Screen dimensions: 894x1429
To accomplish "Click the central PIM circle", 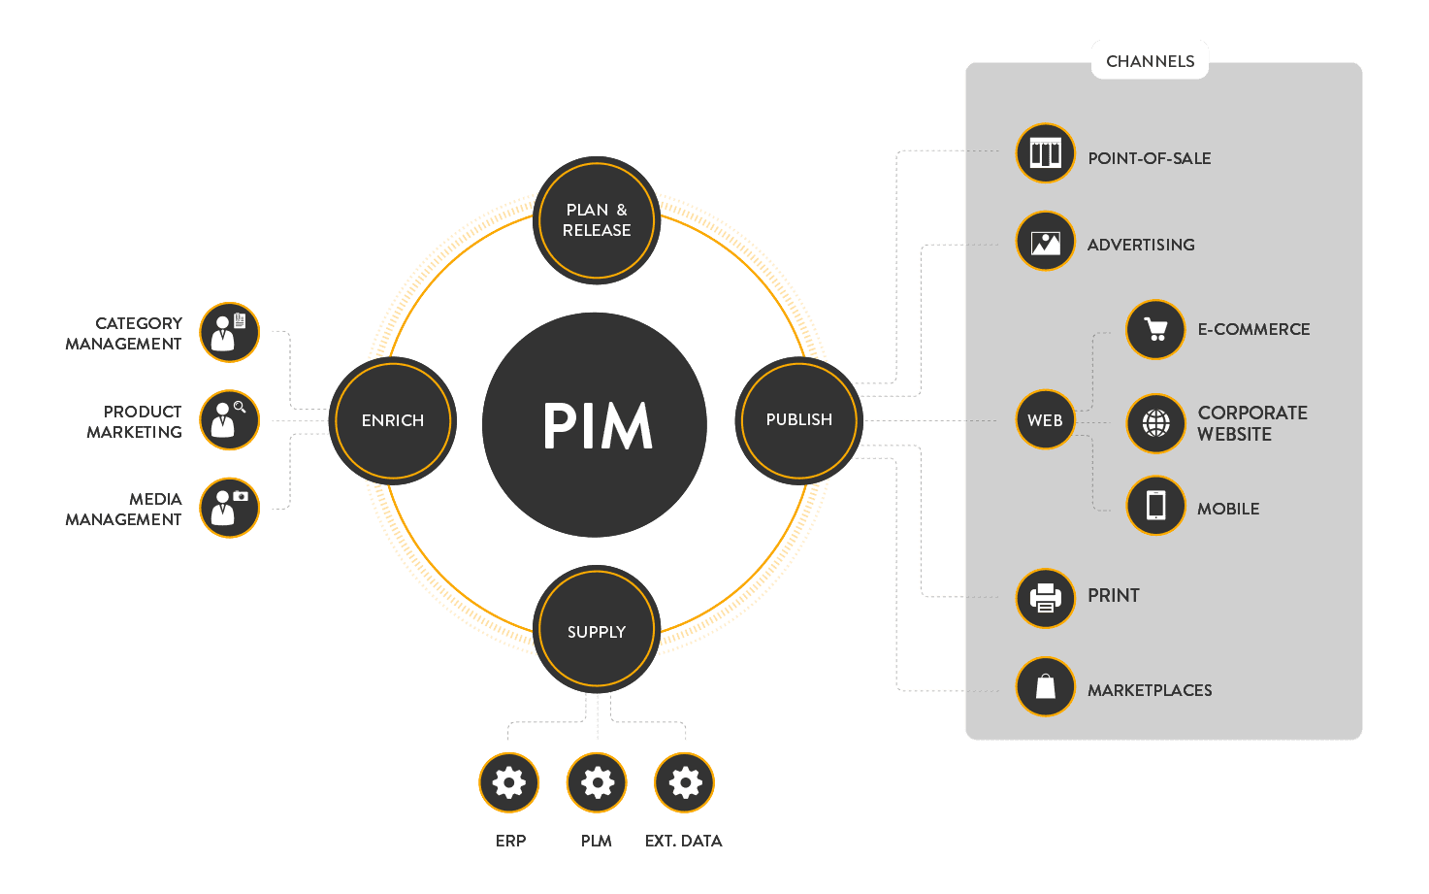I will coord(595,424).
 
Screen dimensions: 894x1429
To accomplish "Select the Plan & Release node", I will coord(597,220).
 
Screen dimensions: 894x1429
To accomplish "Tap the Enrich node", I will coord(393,420).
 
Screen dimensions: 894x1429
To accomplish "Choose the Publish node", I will coord(798,419).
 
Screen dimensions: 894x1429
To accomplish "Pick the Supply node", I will coord(597,631).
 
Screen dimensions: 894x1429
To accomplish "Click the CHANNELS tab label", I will coord(1150,60).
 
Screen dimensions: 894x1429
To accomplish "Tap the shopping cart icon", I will coord(1155,330).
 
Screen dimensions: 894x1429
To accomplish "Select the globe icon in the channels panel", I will coord(1155,423).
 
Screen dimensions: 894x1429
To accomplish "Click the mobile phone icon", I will coord(1155,505).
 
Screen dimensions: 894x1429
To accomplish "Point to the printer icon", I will coord(1045,598).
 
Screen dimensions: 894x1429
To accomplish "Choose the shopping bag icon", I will coord(1045,686).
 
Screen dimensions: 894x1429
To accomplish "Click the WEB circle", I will coord(1045,420).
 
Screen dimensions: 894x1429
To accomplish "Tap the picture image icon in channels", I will coord(1045,242).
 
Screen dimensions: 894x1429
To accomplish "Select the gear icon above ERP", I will coord(509,782).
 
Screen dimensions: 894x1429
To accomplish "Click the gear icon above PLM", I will coord(597,782).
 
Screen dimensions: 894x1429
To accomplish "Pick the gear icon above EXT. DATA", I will coord(684,782).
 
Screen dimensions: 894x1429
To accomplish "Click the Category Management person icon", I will coord(229,332).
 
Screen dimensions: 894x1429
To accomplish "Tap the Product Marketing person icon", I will coord(229,420).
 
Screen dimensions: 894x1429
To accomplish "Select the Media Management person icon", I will coord(229,508).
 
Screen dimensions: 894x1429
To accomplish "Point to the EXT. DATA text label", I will coord(683,841).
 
